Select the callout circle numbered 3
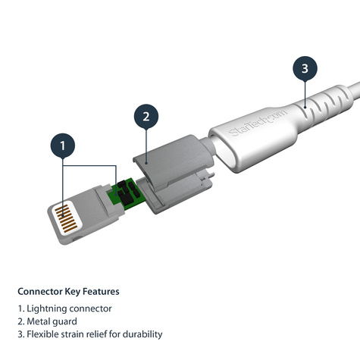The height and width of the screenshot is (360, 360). (x=304, y=69)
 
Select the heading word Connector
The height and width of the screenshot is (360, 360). (x=42, y=291)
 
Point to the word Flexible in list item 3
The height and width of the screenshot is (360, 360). (x=43, y=334)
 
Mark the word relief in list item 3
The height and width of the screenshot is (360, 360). (x=101, y=334)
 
